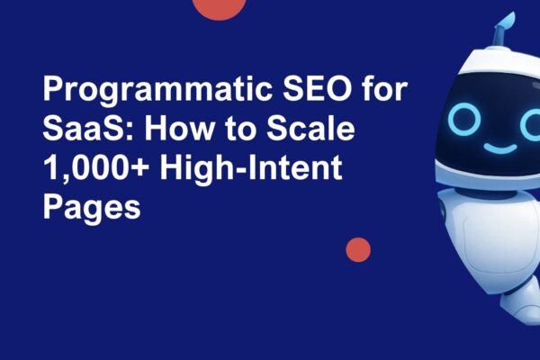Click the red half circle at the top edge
(220, 7)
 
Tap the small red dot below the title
(358, 249)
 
